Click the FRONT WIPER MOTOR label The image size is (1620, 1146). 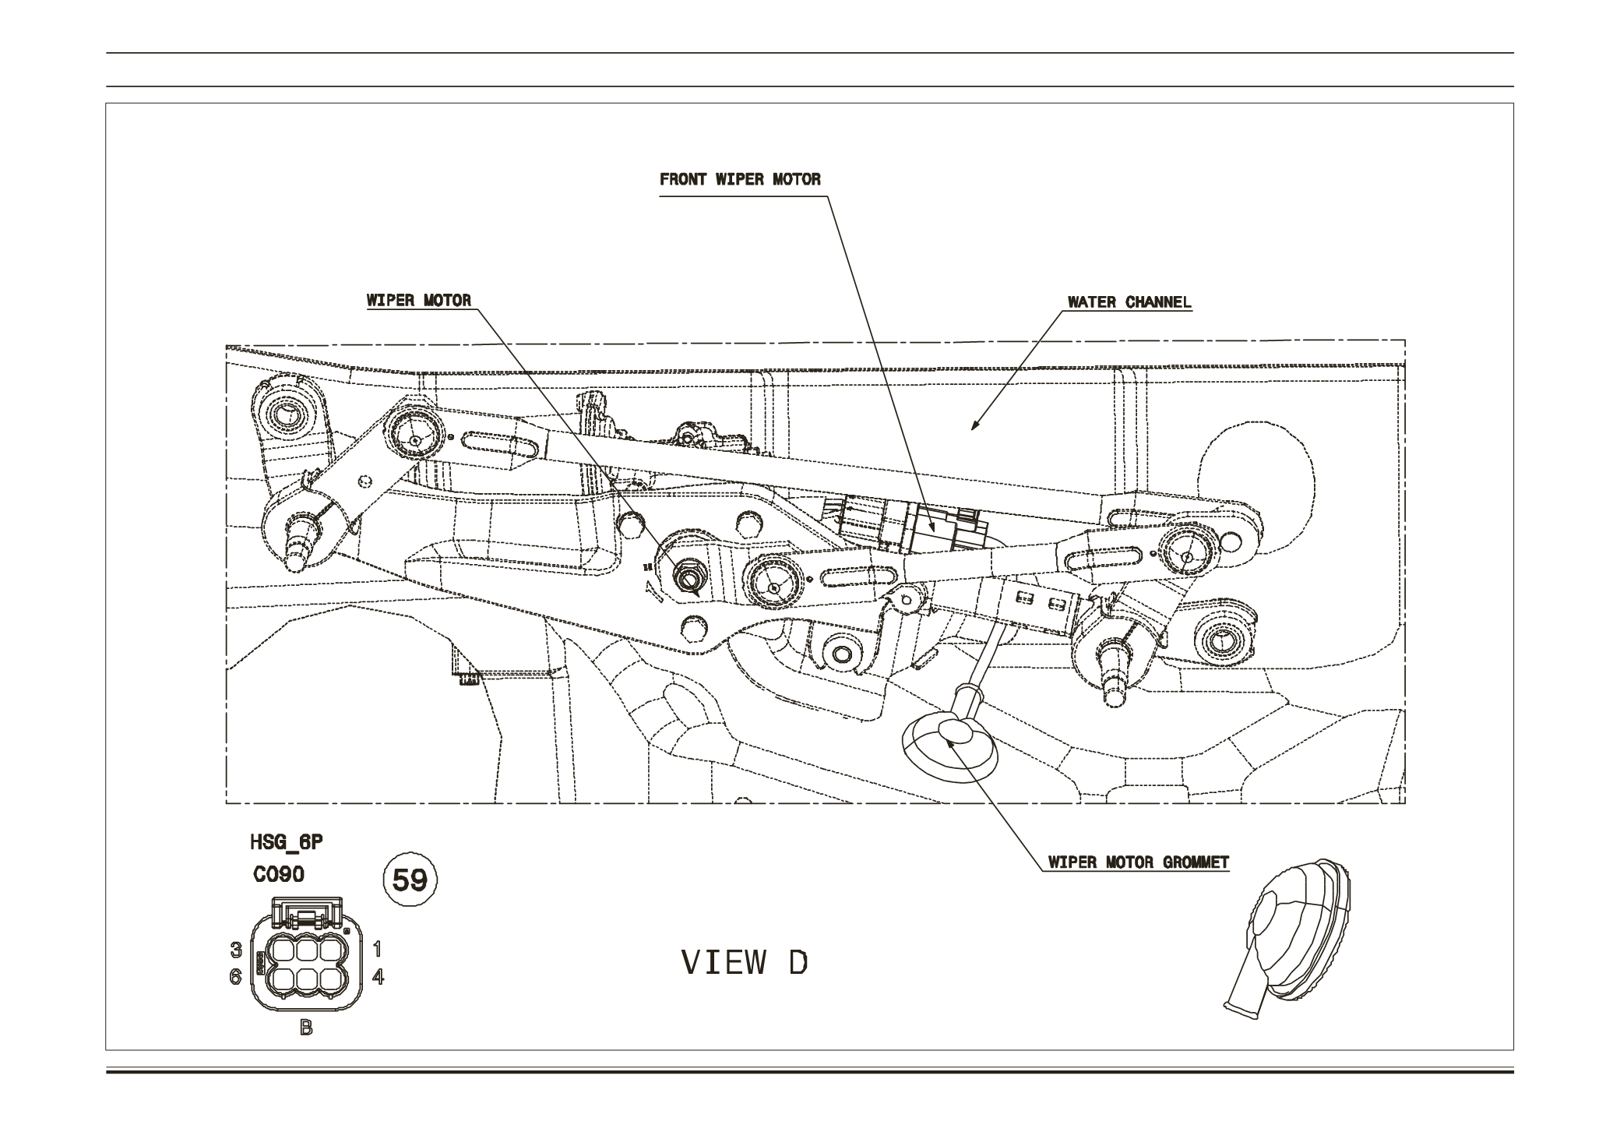(740, 179)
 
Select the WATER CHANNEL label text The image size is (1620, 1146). (1129, 302)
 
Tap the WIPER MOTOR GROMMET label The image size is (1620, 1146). (1138, 862)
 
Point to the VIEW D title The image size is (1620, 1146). (745, 963)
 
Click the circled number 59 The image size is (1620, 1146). (410, 880)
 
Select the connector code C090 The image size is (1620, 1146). (279, 874)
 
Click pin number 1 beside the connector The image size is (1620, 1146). (378, 949)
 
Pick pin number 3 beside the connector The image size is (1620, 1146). (235, 950)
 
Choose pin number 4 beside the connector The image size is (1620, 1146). (378, 976)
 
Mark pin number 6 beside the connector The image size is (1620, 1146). (235, 976)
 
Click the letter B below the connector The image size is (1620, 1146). (306, 1028)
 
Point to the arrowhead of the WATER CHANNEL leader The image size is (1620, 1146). (973, 427)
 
